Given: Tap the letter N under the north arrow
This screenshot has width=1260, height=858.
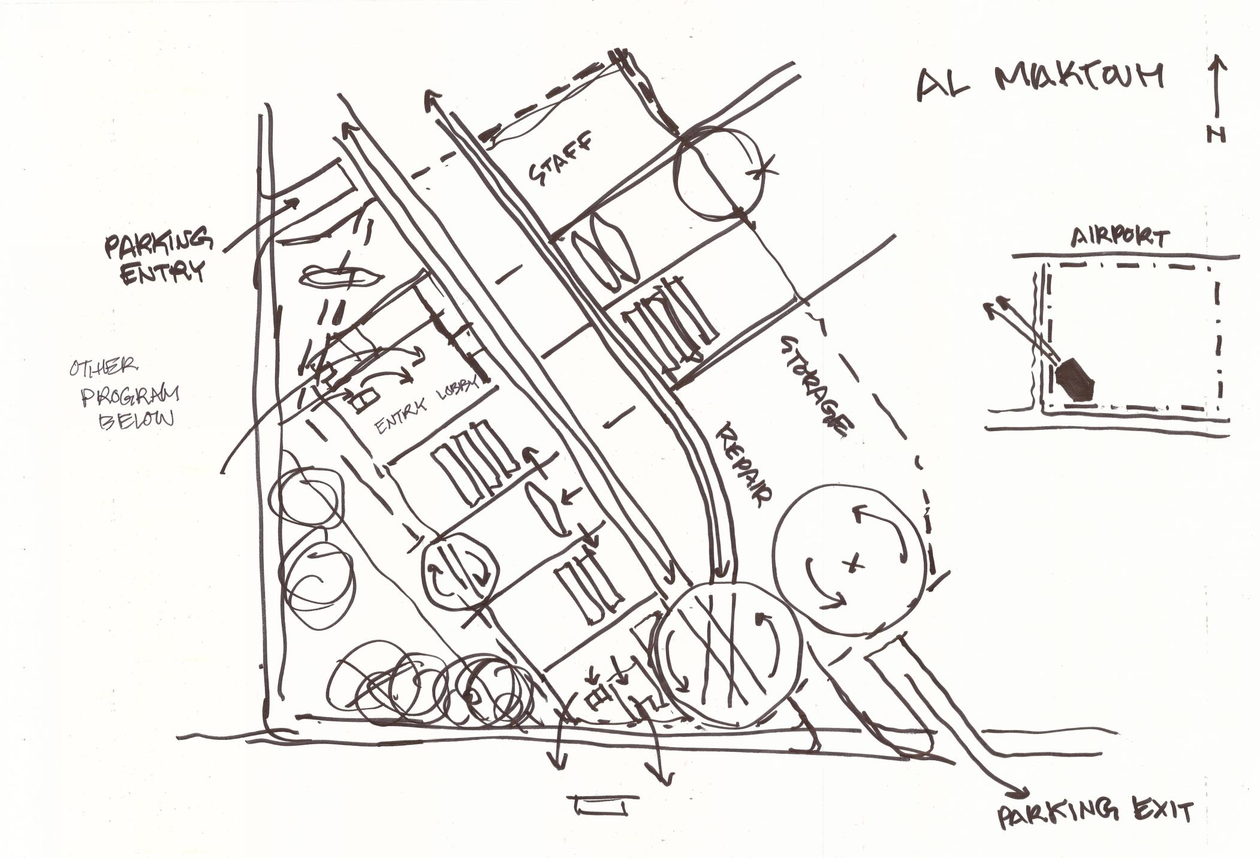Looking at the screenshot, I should (1216, 136).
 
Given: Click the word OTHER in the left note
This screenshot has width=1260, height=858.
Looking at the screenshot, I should (104, 367).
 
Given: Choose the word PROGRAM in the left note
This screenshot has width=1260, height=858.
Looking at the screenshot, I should (130, 395).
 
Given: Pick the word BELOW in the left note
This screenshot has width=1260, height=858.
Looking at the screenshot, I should (135, 420).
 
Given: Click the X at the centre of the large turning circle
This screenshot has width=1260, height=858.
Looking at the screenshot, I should (854, 563).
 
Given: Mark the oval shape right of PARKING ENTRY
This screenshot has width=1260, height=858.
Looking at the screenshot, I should (340, 276).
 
